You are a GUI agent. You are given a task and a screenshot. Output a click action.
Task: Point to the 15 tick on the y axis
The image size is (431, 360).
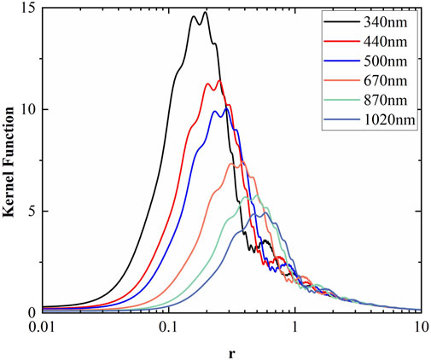31,9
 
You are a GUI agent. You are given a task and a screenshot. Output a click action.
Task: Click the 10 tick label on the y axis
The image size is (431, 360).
31,110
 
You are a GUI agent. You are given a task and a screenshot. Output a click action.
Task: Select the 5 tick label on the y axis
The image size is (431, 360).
34,211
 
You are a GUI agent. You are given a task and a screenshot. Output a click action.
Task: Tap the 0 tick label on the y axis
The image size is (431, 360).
34,312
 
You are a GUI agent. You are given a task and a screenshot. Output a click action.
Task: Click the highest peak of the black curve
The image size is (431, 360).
205,12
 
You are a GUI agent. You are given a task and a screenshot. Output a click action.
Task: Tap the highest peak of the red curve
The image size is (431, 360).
219,80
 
